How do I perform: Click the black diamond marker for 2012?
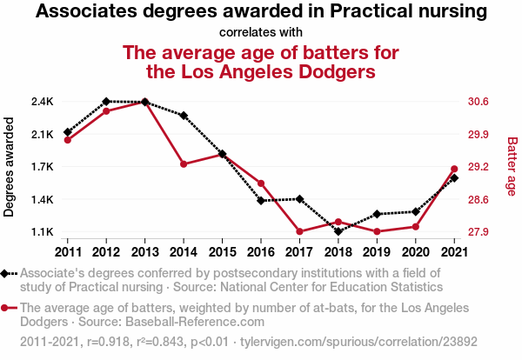pyautogui.click(x=106, y=102)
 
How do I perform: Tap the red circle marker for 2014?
pyautogui.click(x=184, y=164)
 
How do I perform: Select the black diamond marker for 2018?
pyautogui.click(x=338, y=231)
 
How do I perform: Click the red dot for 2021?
pyautogui.click(x=454, y=169)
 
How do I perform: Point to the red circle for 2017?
pyautogui.click(x=299, y=231)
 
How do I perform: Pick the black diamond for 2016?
pyautogui.click(x=261, y=201)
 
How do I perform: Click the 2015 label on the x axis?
pyautogui.click(x=222, y=251)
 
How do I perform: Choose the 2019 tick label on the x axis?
pyautogui.click(x=377, y=251)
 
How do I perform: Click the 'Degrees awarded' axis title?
pyautogui.click(x=10, y=167)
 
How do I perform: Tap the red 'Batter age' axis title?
pyautogui.click(x=512, y=167)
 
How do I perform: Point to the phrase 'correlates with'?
pyautogui.click(x=261, y=33)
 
